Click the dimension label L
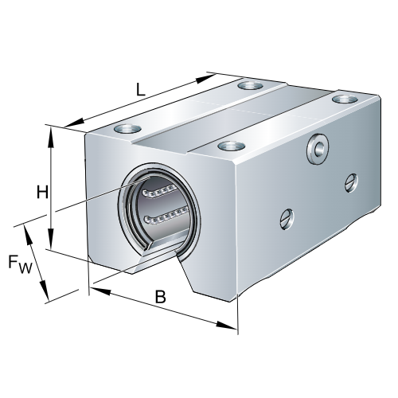pos(140,90)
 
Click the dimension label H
pos(42,191)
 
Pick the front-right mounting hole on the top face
pos(230,146)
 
